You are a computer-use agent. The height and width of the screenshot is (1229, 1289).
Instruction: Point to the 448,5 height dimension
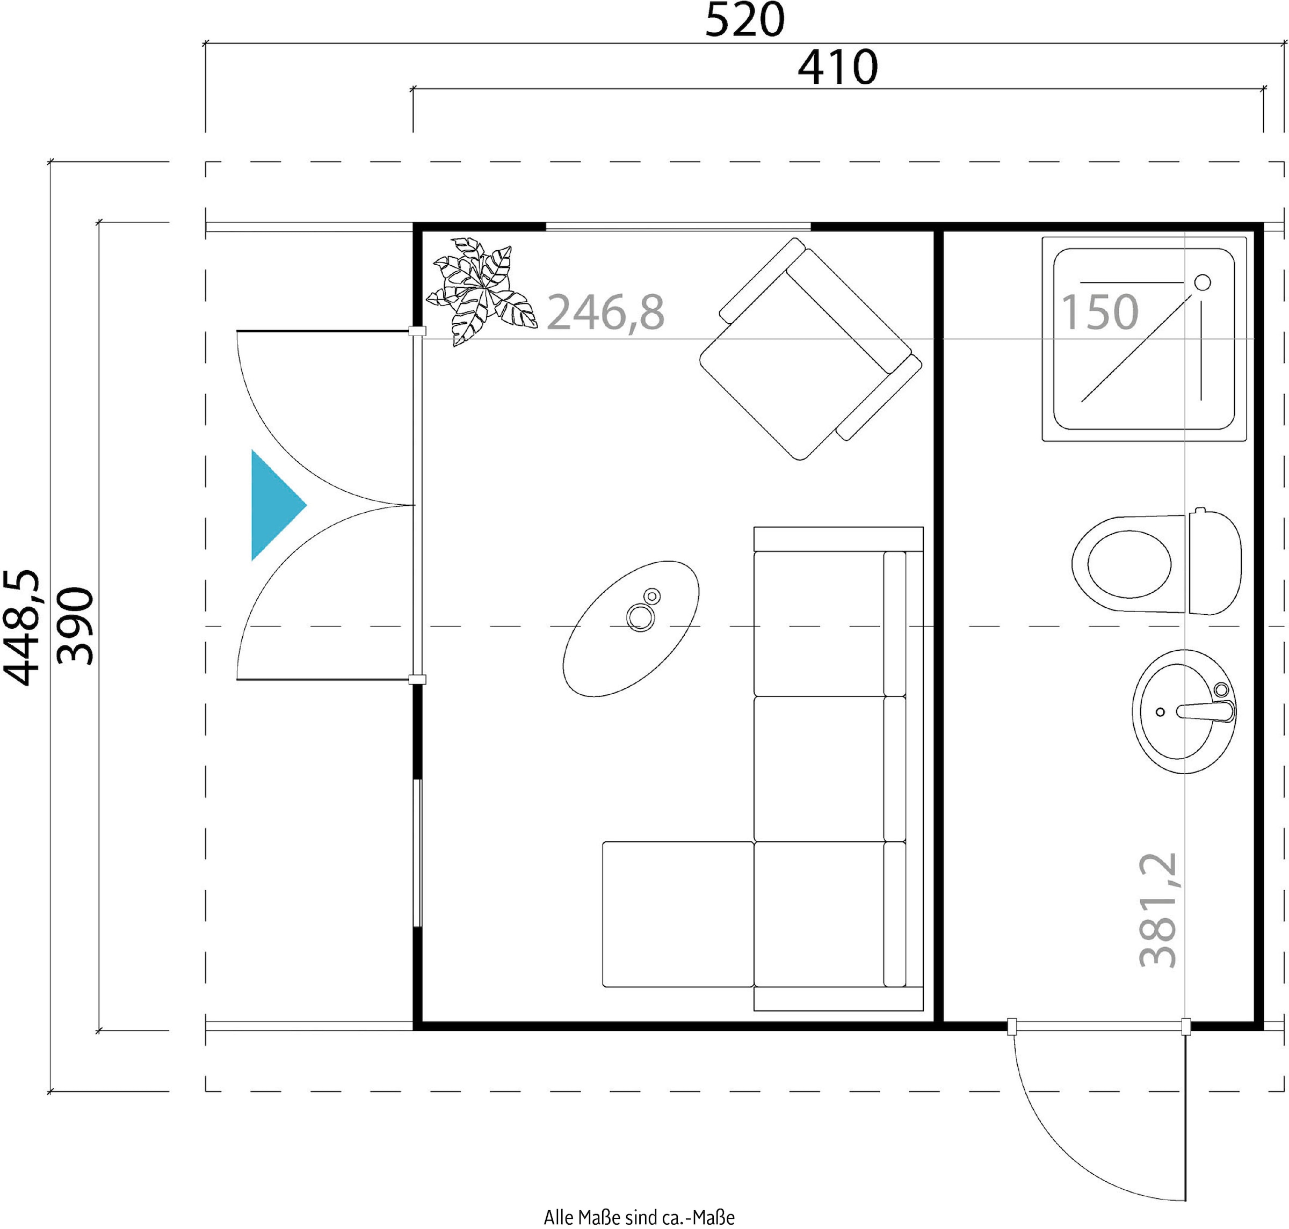pyautogui.click(x=21, y=627)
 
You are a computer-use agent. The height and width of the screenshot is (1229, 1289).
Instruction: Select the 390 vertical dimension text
pyautogui.click(x=75, y=626)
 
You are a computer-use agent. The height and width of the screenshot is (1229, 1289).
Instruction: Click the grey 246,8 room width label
pyautogui.click(x=605, y=312)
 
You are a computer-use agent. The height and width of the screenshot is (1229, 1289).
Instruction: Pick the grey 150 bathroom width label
pyautogui.click(x=1099, y=312)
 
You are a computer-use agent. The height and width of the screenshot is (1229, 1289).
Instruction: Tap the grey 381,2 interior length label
pyautogui.click(x=1158, y=910)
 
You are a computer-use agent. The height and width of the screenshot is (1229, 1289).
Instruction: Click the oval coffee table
pyautogui.click(x=631, y=628)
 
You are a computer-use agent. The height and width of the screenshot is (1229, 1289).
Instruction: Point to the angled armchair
pyautogui.click(x=810, y=348)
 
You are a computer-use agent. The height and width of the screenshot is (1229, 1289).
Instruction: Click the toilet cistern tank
pyautogui.click(x=1214, y=562)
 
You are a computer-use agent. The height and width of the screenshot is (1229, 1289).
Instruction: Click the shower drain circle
pyautogui.click(x=1203, y=282)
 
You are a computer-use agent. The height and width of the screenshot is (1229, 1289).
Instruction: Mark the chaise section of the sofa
pyautogui.click(x=678, y=914)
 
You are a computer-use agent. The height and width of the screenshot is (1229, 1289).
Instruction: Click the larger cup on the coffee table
pyautogui.click(x=640, y=617)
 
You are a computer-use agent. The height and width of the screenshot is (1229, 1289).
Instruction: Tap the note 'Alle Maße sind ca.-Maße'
pyautogui.click(x=639, y=1217)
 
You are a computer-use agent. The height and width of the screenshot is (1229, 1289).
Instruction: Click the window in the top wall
pyautogui.click(x=678, y=227)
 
